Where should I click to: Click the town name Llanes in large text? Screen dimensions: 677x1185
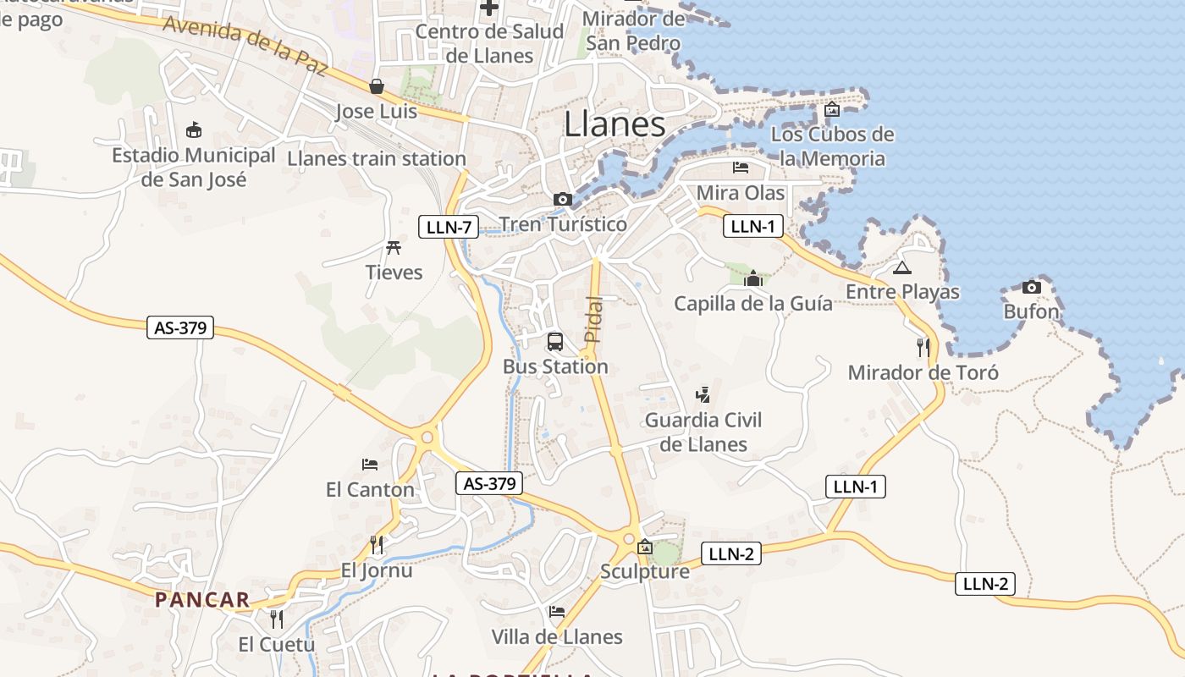coord(615,124)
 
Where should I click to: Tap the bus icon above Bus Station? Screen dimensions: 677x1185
coord(555,342)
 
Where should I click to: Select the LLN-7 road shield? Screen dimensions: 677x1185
coord(449,226)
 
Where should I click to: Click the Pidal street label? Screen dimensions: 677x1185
coord(594,319)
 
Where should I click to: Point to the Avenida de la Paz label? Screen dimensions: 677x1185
coord(245,46)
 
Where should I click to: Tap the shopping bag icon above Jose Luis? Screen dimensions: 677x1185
coord(377,86)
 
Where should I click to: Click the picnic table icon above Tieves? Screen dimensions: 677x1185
coord(394,247)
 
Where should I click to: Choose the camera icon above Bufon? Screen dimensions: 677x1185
coord(1031,287)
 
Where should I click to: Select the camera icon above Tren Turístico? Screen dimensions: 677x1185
coord(562,200)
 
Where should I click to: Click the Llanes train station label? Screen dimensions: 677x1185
coord(377,158)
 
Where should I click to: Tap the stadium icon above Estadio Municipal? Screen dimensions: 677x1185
coord(194,129)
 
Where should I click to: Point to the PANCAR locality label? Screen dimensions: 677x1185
coord(202,600)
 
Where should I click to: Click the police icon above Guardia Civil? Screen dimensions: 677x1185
coord(703,394)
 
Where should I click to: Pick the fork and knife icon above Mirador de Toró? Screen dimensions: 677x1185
coord(923,347)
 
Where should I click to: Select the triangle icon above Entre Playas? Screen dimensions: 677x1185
coord(902,268)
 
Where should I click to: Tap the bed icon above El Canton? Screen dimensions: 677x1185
coord(370,465)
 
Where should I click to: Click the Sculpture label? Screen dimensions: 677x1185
coord(645,571)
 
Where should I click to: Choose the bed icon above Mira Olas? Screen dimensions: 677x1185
coord(741,168)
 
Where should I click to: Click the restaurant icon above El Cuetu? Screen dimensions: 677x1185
coord(276,619)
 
